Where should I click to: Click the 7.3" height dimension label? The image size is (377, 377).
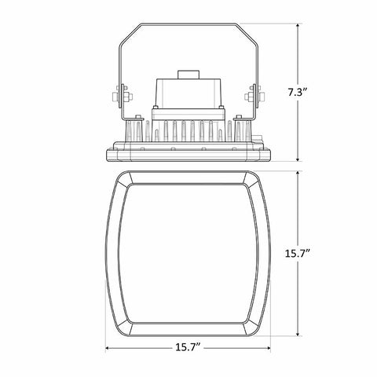click(297, 93)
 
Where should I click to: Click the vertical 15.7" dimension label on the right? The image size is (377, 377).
click(298, 253)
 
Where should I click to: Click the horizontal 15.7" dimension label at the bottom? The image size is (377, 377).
click(188, 347)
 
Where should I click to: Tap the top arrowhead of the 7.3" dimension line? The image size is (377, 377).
click(298, 26)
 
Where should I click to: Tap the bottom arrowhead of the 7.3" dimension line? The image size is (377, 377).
click(298, 159)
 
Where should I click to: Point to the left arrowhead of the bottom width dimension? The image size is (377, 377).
click(108, 348)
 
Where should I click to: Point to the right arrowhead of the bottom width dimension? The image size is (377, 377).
click(268, 348)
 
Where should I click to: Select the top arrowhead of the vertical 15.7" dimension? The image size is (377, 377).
click(298, 174)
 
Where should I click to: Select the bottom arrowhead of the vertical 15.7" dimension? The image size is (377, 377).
click(298, 333)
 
